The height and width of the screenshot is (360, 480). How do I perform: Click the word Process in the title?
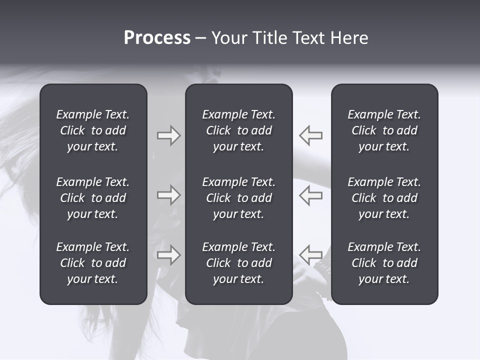157,38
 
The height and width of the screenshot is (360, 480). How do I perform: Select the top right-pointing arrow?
168,135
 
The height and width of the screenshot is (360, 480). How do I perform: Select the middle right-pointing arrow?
168,195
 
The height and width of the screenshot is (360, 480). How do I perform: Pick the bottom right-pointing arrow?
168,255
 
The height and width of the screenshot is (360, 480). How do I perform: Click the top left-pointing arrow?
310,135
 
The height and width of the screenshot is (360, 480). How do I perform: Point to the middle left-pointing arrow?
310,195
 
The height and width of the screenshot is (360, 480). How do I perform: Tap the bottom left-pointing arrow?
310,254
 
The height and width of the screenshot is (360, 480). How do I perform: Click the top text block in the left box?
93,130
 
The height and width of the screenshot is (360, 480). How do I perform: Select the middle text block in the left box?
93,198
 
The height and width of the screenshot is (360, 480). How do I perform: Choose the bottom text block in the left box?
93,263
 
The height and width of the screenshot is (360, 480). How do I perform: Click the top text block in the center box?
238,130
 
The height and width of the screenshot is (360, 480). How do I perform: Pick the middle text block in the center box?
238,198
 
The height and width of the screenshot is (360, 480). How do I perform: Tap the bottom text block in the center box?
238,263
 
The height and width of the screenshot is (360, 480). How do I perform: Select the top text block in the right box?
384,130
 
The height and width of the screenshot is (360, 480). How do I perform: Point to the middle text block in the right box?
384,198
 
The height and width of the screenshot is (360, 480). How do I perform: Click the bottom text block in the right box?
384,263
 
